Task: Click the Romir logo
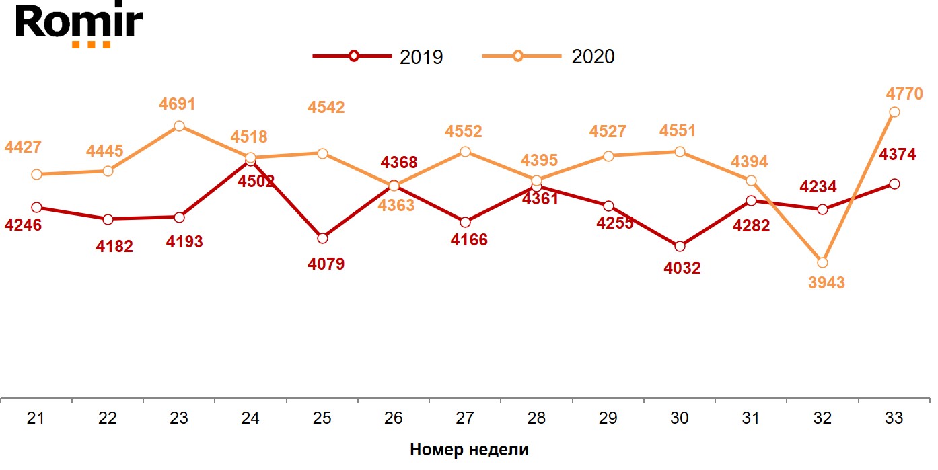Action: pos(79,26)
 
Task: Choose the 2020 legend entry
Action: pos(549,56)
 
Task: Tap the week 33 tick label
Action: pos(894,418)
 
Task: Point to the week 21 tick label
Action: pos(36,418)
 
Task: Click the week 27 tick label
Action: pos(465,418)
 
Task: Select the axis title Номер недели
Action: pos(469,450)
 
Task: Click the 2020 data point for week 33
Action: pos(894,112)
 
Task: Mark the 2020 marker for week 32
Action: pos(822,262)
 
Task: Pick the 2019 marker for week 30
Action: pos(680,247)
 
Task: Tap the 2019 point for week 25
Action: pos(322,238)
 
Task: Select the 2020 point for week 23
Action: pos(179,126)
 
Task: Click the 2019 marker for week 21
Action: pos(36,208)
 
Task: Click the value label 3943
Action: pos(826,282)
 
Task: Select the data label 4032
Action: pos(682,268)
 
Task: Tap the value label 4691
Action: pos(177,104)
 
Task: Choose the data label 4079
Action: pos(326,264)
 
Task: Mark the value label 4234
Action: pos(818,186)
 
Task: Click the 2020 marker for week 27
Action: pos(465,152)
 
